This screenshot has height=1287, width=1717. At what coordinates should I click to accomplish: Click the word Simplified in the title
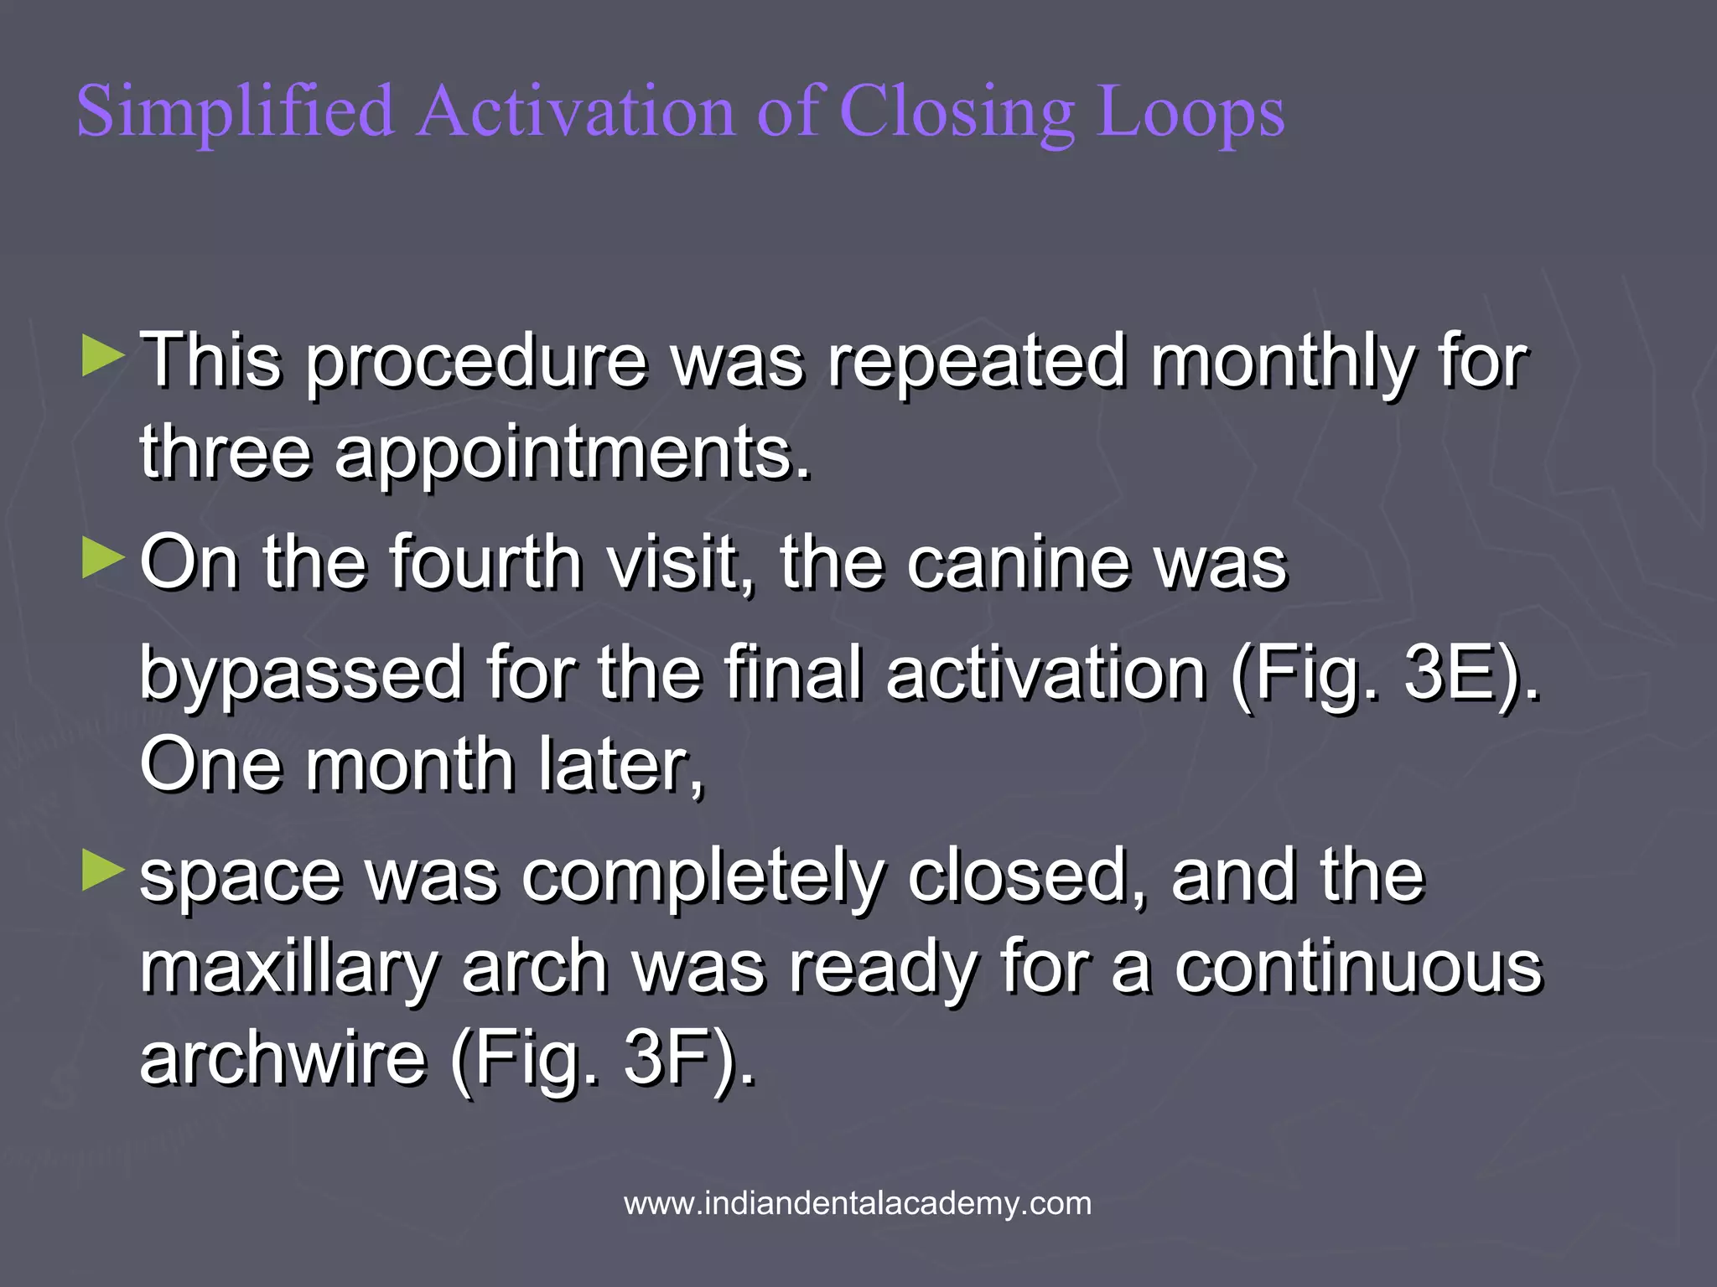[x=236, y=112]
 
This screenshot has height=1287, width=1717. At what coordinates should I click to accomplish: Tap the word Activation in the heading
[x=577, y=112]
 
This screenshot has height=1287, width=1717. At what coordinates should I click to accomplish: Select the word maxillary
[x=288, y=968]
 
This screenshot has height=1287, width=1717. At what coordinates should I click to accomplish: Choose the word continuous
[x=1357, y=968]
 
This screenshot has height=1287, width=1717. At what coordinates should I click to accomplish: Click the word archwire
[x=283, y=1057]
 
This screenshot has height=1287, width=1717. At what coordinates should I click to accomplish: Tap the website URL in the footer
[x=858, y=1203]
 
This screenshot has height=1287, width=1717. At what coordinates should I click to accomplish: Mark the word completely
[x=703, y=876]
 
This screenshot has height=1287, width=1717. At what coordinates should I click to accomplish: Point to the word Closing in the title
[x=957, y=112]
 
